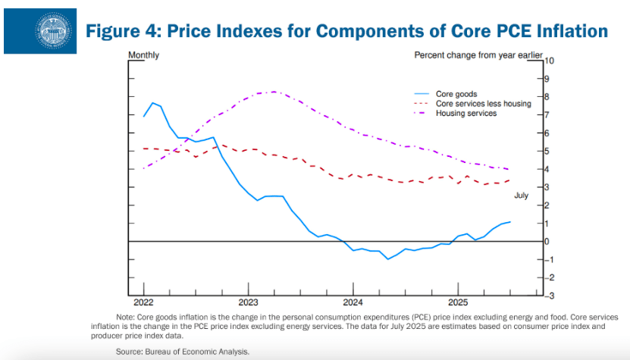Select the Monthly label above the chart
click(x=143, y=55)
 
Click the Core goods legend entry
click(x=456, y=94)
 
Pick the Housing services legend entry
click(x=465, y=113)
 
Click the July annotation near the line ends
click(x=521, y=196)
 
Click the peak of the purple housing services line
click(x=273, y=92)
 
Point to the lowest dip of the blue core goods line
click(x=388, y=258)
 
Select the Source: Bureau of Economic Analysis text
click(x=182, y=352)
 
